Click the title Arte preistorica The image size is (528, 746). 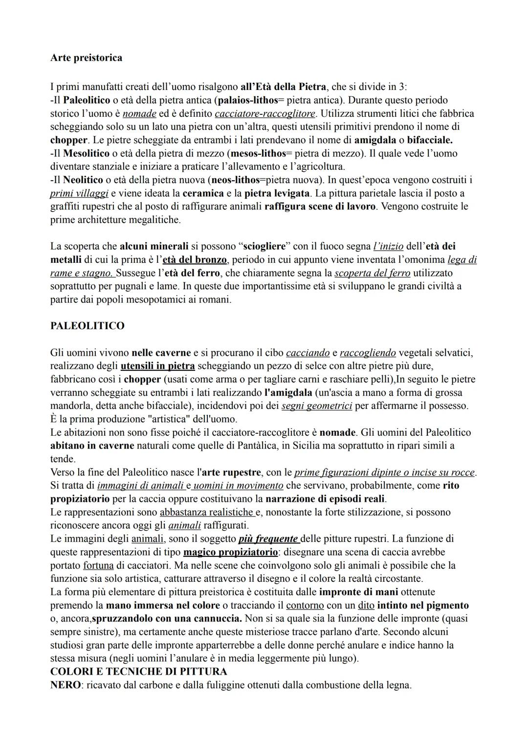[x=86, y=58]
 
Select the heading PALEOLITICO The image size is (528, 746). [x=87, y=325]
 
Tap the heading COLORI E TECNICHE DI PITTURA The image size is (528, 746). [x=138, y=671]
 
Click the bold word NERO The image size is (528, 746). [x=65, y=684]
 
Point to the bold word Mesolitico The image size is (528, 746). [x=86, y=153]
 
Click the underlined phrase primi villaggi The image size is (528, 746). [x=79, y=193]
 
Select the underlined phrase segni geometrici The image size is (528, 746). [x=317, y=405]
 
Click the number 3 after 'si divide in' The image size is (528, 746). [x=402, y=87]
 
